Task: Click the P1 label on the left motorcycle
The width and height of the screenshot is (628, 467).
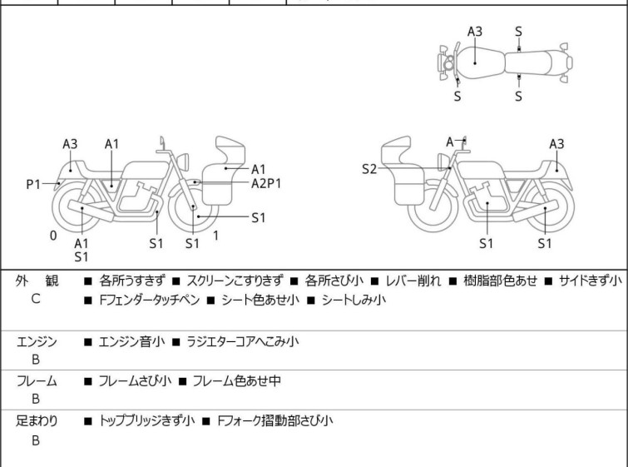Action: pos(32,184)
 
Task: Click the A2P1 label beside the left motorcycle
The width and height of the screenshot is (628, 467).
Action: pos(266,183)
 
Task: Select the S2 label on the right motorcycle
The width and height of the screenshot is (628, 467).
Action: pos(370,169)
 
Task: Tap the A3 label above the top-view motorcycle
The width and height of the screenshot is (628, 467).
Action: pos(475,32)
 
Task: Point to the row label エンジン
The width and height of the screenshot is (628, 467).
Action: pos(37,340)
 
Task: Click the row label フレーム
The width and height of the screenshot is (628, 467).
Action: pos(37,381)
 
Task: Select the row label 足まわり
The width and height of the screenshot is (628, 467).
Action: pos(37,421)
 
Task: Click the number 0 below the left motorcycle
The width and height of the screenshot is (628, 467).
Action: pos(53,236)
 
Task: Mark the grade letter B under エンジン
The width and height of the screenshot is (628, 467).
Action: pos(36,359)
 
